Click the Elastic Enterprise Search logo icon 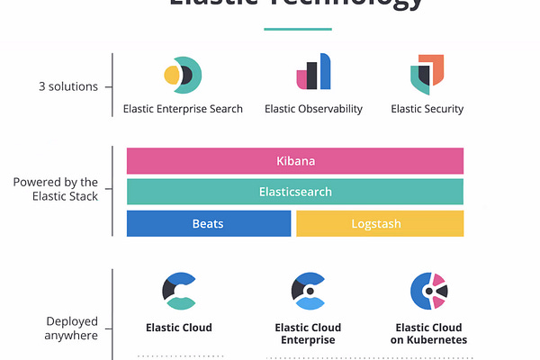183,74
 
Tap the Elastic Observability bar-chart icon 313,72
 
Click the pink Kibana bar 295,161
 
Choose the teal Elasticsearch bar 295,192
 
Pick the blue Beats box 209,223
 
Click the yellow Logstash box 380,223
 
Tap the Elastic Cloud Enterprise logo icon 310,290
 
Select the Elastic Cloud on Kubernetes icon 428,290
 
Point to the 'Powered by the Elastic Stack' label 56,188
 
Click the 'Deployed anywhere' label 73,328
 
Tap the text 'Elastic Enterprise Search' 183,109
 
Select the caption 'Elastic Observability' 313,109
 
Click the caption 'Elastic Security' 427,109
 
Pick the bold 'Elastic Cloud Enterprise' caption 310,334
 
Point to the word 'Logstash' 380,223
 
